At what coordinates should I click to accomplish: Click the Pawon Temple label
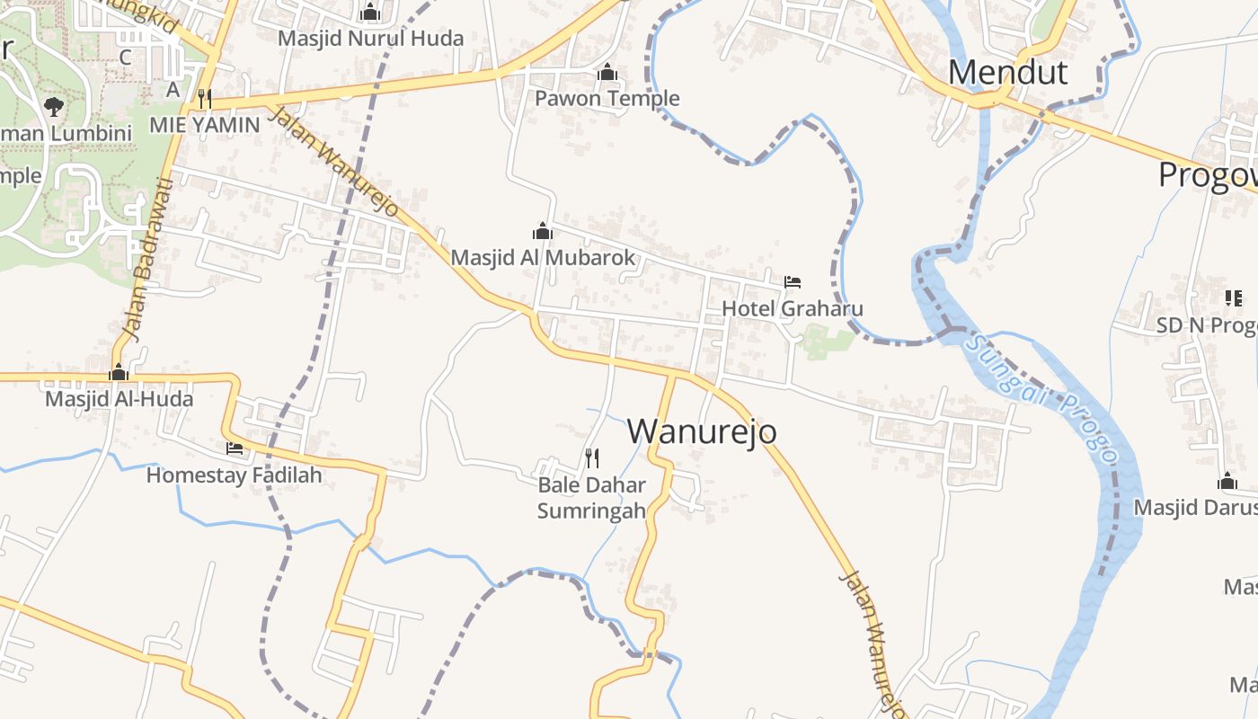coord(607,98)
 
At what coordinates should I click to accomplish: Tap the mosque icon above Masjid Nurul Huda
coord(370,13)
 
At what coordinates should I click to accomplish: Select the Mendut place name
coord(1008,72)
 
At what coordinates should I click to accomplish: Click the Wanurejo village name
coord(702,431)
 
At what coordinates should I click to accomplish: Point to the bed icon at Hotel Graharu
coord(792,282)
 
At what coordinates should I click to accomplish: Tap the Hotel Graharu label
coord(793,308)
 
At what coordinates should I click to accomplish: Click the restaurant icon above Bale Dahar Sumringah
coord(592,458)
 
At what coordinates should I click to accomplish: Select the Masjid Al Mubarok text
coord(543,258)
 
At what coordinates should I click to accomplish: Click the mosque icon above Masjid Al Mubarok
coord(543,231)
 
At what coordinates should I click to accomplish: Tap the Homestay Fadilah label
coord(234,475)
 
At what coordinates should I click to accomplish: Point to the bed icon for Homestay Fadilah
coord(235,448)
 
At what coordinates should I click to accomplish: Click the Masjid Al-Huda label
coord(119,398)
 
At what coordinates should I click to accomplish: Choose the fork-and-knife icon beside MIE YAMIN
coord(205,98)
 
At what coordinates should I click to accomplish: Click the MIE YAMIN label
coord(204,125)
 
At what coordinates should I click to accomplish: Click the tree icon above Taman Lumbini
coord(54,107)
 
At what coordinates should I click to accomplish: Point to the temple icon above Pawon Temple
coord(607,72)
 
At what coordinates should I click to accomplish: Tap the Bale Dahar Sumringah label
coord(591,498)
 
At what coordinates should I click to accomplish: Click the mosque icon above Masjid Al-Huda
coord(119,372)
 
